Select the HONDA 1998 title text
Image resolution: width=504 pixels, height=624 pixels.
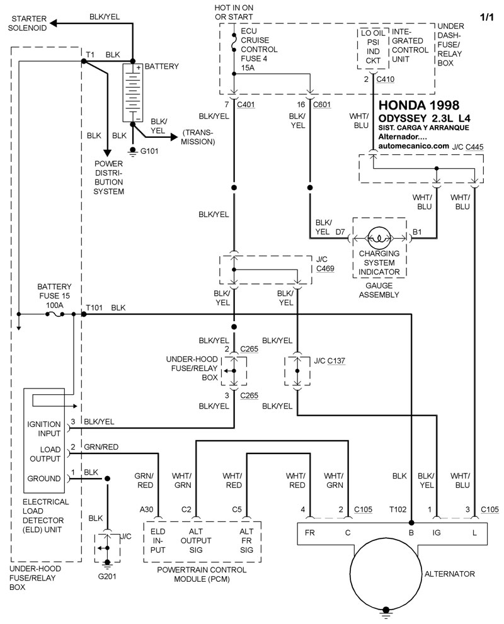418,105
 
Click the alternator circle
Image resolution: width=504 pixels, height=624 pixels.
386,574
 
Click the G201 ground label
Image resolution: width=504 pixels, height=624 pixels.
106,576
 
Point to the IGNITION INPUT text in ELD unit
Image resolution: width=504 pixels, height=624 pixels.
44,429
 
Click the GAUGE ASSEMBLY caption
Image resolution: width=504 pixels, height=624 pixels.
379,290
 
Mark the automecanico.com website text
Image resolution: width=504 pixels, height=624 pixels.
414,145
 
